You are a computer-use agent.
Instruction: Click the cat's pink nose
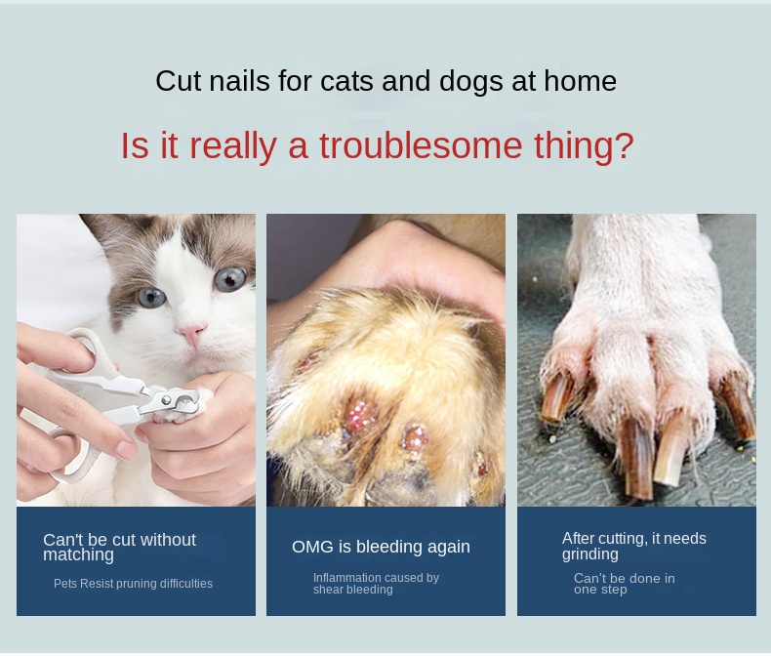pos(190,333)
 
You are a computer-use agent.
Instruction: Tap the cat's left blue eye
pos(151,297)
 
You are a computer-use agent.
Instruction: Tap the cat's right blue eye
pos(230,278)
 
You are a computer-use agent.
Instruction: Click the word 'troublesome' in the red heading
pos(421,145)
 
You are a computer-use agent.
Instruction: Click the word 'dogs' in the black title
pos(470,82)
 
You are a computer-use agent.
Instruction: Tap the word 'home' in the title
pos(580,81)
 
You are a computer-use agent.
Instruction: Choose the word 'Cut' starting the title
pos(177,81)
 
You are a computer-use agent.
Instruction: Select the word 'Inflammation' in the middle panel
pos(347,577)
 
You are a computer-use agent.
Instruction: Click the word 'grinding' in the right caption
pos(590,554)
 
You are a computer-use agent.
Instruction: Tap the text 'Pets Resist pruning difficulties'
pos(133,584)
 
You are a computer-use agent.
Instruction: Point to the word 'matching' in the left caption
pos(78,555)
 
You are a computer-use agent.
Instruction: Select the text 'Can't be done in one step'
pos(624,584)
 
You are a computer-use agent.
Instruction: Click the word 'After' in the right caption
pos(578,539)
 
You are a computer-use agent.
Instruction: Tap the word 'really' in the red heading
pos(232,146)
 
